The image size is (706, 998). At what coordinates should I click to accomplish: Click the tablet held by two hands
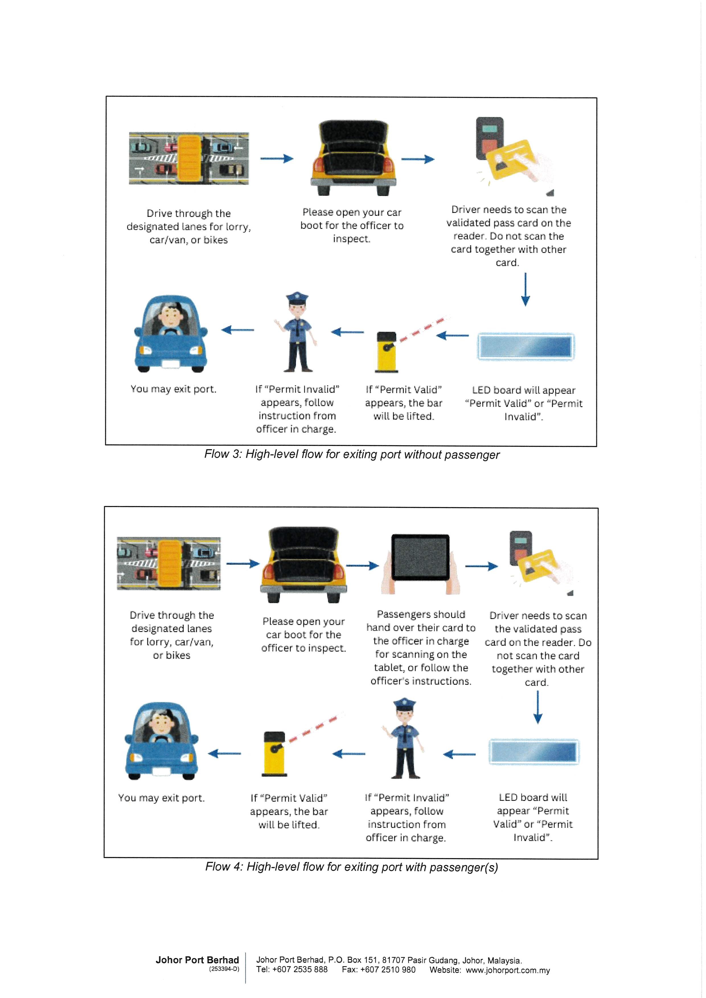420,558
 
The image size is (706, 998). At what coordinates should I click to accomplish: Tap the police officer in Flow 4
405,739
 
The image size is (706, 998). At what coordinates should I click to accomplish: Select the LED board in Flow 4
534,751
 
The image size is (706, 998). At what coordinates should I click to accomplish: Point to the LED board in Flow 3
526,347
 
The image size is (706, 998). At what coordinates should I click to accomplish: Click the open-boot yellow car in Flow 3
353,159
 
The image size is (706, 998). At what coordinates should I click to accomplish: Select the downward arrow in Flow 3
526,289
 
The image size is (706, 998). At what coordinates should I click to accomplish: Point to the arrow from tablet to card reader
481,566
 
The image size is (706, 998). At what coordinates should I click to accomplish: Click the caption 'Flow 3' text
352,454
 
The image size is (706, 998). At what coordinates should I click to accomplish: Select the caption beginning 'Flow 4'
352,867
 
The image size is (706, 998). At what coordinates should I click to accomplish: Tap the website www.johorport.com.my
508,970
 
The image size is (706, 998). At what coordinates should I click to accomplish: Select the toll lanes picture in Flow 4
169,563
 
